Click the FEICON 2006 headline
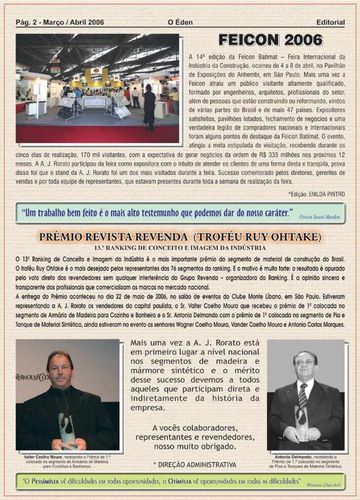coord(270,40)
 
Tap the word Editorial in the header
coord(330,22)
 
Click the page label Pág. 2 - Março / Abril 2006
coord(60,22)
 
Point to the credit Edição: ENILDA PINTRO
coord(317,194)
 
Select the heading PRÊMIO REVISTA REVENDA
coord(113,238)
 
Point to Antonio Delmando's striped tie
coord(303,396)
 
